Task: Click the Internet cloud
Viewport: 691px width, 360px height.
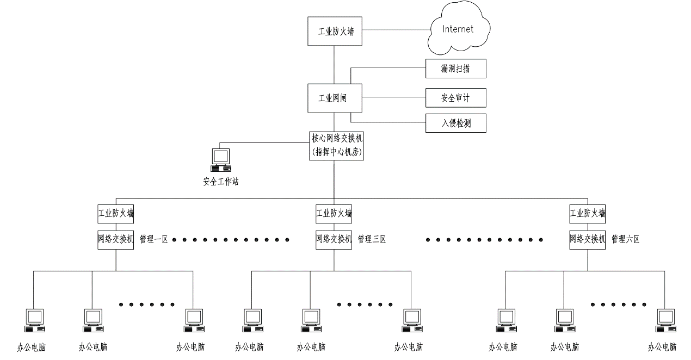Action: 458,30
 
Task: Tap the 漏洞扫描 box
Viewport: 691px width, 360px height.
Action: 455,69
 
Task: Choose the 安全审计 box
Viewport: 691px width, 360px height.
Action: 455,98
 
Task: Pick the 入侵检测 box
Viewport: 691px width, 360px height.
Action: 455,123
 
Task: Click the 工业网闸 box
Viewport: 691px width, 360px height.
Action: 335,98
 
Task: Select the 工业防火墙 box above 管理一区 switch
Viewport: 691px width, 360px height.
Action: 116,214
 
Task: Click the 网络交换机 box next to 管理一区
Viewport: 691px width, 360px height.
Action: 116,239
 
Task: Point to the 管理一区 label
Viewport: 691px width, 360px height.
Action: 154,239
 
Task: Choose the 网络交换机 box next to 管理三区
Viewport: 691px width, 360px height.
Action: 334,239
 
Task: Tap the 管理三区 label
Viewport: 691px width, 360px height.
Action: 372,239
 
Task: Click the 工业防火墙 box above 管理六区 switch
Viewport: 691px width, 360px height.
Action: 588,214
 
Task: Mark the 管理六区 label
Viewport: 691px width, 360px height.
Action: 626,239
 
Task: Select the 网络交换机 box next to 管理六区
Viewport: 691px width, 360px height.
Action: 588,239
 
